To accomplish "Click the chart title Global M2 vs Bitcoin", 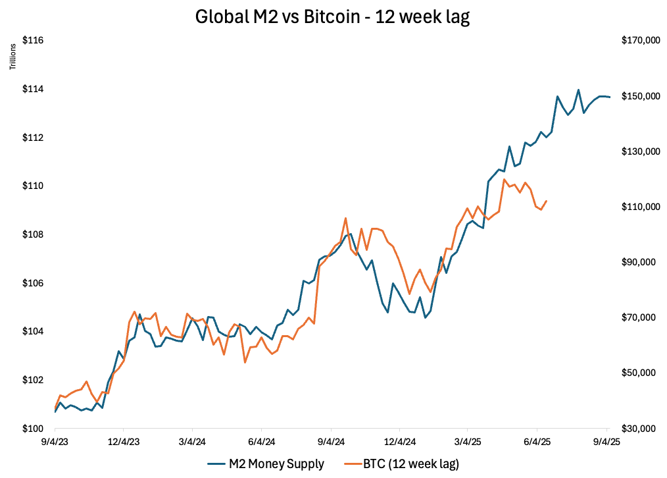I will pyautogui.click(x=333, y=17).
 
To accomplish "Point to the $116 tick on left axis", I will pyautogui.click(x=33, y=41).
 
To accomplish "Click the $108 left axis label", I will pyautogui.click(x=33, y=234).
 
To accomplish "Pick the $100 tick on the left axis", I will pyautogui.click(x=33, y=428).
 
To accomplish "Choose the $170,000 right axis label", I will pyautogui.click(x=640, y=41).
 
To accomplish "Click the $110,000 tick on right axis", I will pyautogui.click(x=640, y=207).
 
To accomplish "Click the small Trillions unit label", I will pyautogui.click(x=12, y=57).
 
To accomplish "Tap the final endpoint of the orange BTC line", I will pyautogui.click(x=547, y=201).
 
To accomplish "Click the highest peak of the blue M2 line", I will pyautogui.click(x=578, y=90).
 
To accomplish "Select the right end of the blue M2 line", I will pyautogui.click(x=610, y=97).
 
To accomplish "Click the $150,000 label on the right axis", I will pyautogui.click(x=640, y=96).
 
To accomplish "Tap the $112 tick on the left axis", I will pyautogui.click(x=33, y=138).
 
